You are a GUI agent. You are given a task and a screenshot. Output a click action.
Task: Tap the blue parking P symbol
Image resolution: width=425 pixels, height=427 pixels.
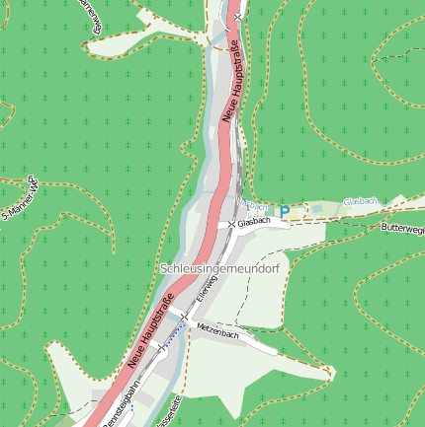click(285, 211)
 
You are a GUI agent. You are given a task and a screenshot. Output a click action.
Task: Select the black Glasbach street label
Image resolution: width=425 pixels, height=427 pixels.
click(255, 223)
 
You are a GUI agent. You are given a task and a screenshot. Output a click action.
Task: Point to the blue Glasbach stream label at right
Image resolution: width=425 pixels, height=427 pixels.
click(361, 201)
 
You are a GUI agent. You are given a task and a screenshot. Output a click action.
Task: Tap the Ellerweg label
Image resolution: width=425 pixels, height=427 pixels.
click(207, 286)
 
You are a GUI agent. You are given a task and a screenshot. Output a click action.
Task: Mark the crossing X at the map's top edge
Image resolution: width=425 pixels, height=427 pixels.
click(239, 18)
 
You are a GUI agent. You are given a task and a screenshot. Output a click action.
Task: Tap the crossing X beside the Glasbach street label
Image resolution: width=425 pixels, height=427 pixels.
click(232, 225)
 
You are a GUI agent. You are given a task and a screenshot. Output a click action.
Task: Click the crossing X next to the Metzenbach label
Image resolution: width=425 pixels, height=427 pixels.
click(185, 316)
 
